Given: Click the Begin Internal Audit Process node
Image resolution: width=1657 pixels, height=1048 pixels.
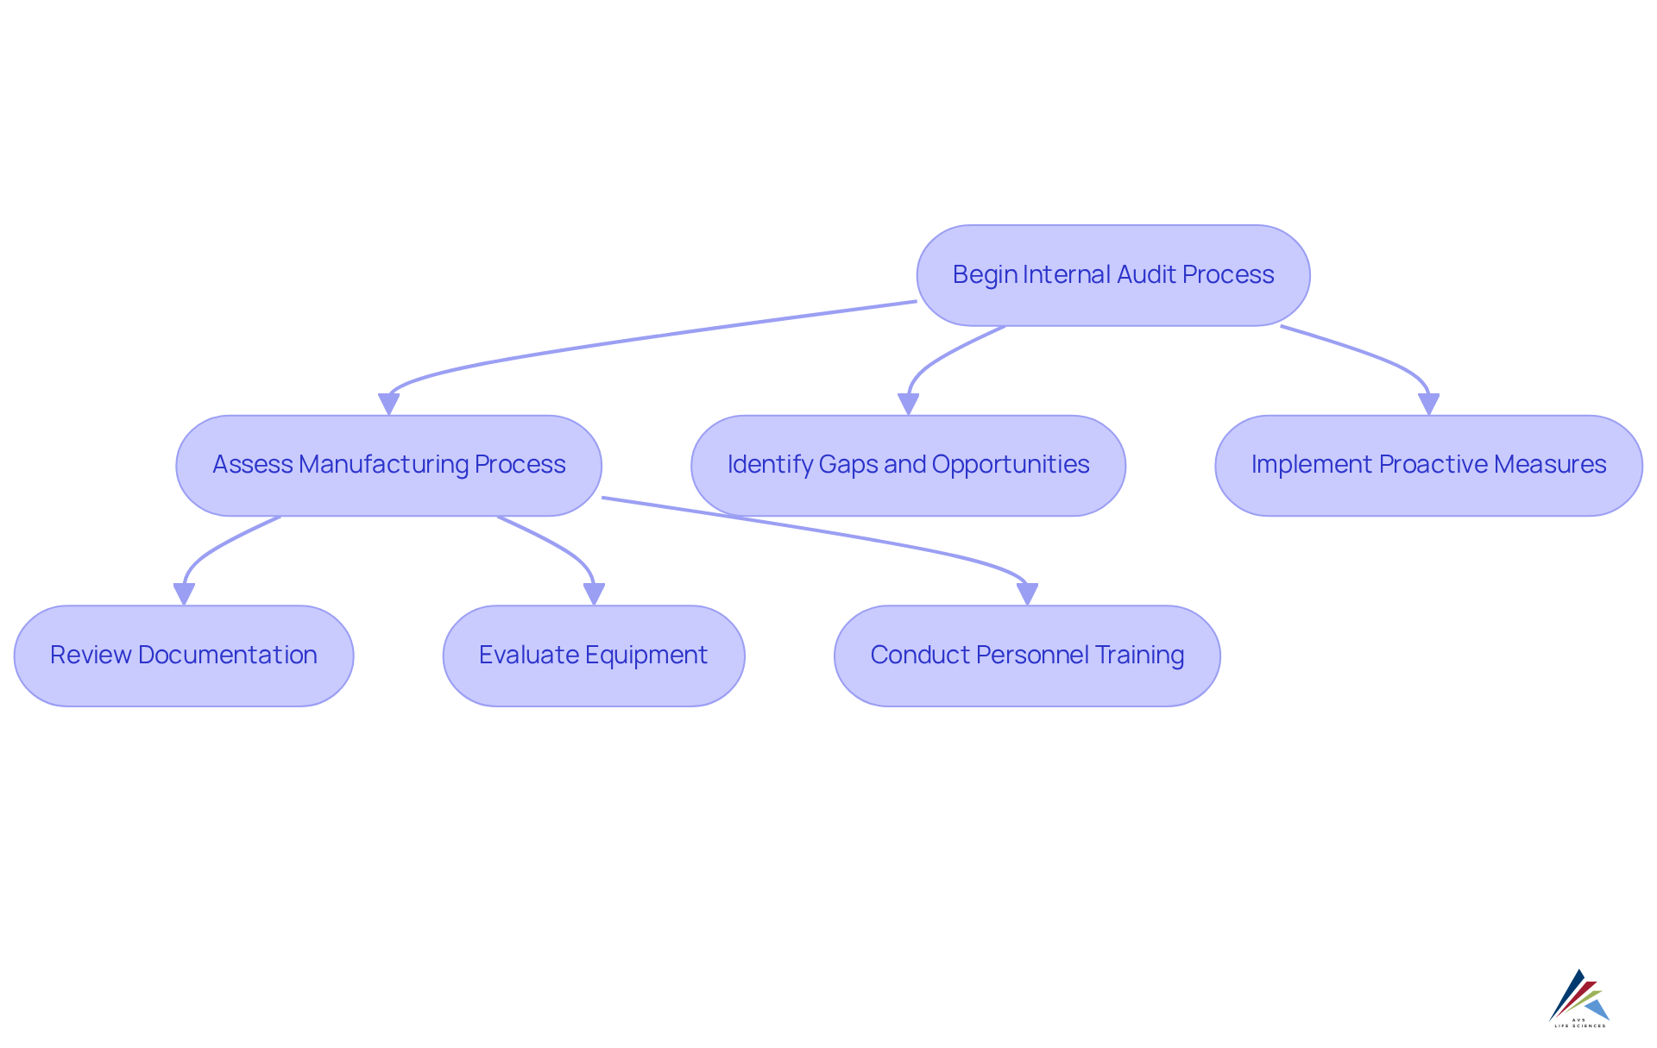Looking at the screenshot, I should click(1112, 275).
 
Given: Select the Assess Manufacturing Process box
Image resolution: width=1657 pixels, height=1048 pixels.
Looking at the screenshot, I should click(388, 466).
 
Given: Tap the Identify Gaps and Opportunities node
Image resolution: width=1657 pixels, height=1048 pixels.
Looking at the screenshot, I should click(908, 466).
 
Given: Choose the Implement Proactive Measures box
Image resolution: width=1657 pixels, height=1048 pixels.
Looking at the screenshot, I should click(1428, 466).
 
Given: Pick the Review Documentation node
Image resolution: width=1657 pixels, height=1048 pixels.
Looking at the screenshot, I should click(184, 656).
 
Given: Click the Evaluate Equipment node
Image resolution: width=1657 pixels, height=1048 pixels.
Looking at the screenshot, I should click(594, 656).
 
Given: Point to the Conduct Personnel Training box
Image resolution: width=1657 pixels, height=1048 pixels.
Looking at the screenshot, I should click(1027, 656).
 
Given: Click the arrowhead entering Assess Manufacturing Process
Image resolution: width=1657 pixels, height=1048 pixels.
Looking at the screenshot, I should click(389, 405).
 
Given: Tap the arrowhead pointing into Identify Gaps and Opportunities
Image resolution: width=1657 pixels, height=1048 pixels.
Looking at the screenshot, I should click(908, 405).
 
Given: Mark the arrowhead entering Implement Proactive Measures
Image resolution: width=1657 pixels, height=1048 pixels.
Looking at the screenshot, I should click(1428, 405).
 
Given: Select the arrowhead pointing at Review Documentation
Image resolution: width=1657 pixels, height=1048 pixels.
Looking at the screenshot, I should click(184, 594).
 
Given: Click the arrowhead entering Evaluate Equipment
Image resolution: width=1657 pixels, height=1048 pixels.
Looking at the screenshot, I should click(594, 594).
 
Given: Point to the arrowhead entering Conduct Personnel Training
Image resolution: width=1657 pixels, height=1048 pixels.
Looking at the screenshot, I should click(1027, 594).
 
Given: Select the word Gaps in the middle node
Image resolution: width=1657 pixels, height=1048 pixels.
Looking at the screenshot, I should click(848, 465).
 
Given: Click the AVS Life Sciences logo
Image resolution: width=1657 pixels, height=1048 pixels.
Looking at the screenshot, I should click(1579, 998).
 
